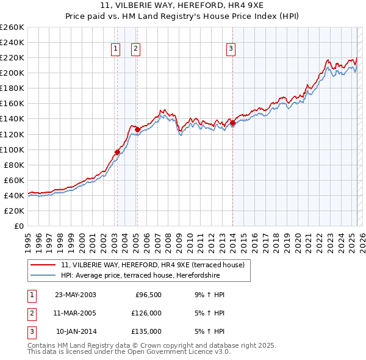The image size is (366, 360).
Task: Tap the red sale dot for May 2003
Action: (x=117, y=152)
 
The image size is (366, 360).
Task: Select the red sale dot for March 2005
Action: (x=137, y=129)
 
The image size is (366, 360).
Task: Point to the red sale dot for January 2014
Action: (x=232, y=123)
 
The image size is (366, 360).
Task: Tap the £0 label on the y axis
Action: (x=19, y=226)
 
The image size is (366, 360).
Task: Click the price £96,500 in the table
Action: (x=148, y=295)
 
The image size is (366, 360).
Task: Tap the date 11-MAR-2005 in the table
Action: (x=76, y=313)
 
